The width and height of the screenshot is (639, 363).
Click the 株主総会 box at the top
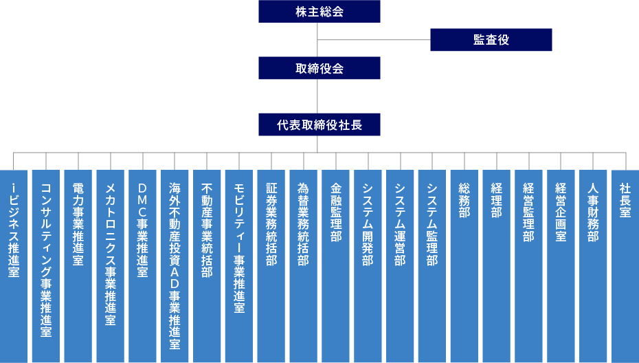[x=319, y=12]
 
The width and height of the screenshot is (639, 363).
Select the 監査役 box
[x=491, y=40]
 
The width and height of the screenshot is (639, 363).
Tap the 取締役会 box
[x=319, y=68]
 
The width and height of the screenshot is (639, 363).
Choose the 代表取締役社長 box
[x=319, y=125]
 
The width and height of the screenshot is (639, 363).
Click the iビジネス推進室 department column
[x=14, y=265]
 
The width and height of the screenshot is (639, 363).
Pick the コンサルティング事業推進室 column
[x=46, y=265]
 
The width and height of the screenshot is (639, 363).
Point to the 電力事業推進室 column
[x=78, y=265]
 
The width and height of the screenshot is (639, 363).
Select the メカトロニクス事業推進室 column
[x=110, y=265]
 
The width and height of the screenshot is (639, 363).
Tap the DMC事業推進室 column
[x=142, y=265]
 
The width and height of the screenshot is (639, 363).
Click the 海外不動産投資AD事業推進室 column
[x=175, y=265]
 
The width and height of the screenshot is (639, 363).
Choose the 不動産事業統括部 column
[x=207, y=265]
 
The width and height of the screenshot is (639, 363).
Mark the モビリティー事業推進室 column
[x=239, y=265]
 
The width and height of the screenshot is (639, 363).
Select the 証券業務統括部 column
[x=271, y=265]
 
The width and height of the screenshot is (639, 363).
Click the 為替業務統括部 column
[x=303, y=265]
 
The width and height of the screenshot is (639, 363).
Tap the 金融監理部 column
[x=335, y=265]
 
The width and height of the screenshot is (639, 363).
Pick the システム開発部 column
[x=368, y=265]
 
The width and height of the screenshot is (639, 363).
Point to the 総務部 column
[x=464, y=265]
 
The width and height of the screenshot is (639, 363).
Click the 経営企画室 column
[x=561, y=265]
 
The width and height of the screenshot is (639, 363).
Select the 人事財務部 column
[x=593, y=265]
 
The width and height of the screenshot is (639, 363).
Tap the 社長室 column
[x=625, y=265]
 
